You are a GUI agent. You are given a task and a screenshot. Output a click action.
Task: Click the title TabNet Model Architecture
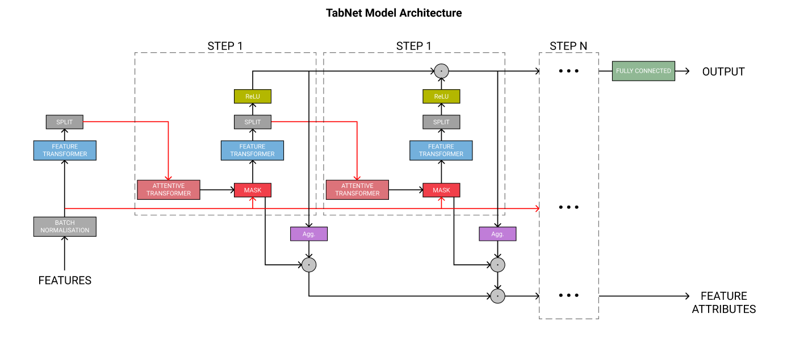point(393,12)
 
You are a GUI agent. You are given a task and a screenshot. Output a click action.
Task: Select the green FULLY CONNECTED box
point(643,71)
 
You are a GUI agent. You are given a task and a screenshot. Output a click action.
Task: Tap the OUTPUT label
point(723,72)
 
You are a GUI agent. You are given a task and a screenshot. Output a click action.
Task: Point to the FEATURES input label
point(65,281)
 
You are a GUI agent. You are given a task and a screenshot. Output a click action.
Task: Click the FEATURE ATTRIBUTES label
point(723,303)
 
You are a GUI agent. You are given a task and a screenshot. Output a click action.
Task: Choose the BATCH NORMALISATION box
point(65,227)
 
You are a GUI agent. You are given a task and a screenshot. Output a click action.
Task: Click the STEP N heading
point(568,46)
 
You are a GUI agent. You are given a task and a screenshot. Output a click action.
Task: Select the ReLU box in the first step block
point(253,97)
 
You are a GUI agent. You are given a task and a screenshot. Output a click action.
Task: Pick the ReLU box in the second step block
point(441,97)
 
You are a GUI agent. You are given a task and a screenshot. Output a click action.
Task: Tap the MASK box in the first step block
point(253,190)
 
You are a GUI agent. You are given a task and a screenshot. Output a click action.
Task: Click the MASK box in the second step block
point(441,190)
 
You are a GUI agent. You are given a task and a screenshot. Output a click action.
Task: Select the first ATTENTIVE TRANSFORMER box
point(169,190)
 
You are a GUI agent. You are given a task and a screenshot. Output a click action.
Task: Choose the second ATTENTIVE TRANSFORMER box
point(357,190)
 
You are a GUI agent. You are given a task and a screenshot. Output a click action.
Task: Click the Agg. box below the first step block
point(309,233)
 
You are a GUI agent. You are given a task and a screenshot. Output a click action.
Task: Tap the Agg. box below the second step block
point(497,233)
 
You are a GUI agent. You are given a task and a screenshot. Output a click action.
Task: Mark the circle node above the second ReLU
point(441,72)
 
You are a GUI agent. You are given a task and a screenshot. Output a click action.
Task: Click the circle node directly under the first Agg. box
point(309,265)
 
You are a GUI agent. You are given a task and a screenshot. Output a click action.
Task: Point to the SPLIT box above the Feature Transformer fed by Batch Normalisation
point(65,122)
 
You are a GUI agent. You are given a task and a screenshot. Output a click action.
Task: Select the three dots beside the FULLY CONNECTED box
point(568,72)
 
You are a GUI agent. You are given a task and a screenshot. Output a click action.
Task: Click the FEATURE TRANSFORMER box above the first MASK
point(253,150)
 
